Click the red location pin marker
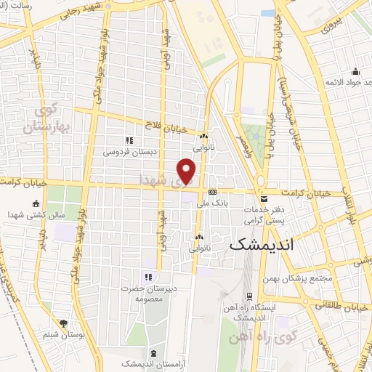(187, 171)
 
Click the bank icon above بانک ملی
(212, 193)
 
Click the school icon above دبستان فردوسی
(129, 140)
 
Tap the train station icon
(249, 296)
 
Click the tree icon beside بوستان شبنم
(63, 323)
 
